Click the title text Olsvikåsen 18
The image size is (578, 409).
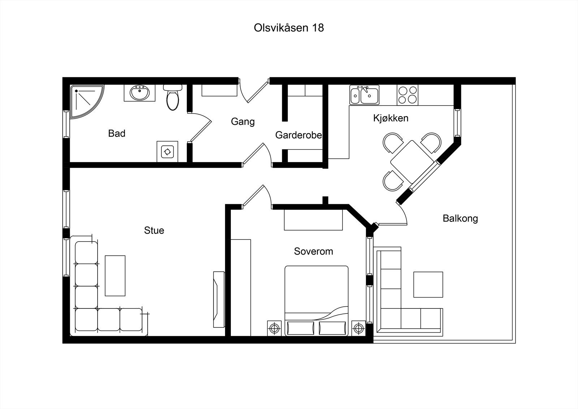point(289,28)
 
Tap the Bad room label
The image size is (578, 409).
point(117,133)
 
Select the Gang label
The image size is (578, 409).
point(243,122)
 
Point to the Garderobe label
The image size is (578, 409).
point(298,135)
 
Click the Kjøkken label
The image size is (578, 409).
point(391,118)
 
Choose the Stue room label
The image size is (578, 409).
point(154,230)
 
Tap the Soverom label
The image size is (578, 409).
point(314,251)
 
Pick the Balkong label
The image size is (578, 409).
point(460,218)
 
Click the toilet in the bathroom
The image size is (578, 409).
point(173,97)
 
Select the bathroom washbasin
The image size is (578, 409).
point(139,93)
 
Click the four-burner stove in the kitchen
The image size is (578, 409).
point(407,95)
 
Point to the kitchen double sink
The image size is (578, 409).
point(365,95)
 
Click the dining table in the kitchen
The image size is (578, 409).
point(412,162)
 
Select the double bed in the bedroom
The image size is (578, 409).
point(316,301)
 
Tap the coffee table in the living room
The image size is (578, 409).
point(115,276)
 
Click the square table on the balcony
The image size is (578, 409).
point(428,285)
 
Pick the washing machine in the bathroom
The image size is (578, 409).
point(167,152)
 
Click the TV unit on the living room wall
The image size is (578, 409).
point(219,299)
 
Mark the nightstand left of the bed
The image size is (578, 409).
point(274,328)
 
